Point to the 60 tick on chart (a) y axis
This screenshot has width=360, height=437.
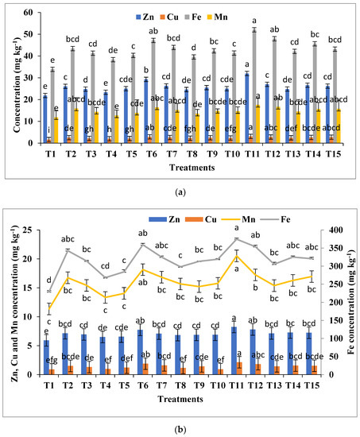pyautogui.click(x=26, y=13)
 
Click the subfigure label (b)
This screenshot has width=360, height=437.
pyautogui.click(x=180, y=428)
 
